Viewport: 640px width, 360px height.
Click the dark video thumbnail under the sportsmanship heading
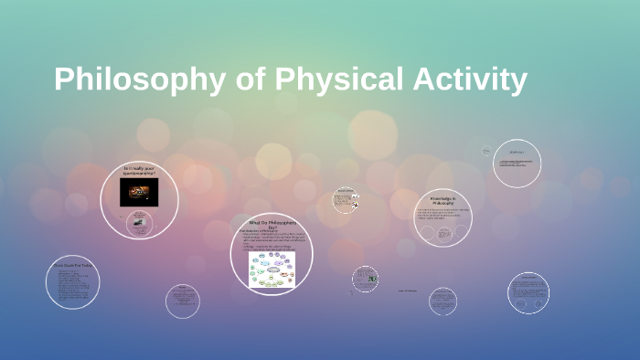139,192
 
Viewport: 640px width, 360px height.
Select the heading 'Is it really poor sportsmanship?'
139,171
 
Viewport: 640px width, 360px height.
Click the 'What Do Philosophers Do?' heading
272,224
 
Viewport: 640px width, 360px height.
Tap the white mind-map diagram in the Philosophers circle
272,269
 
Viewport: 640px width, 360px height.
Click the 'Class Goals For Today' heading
73,266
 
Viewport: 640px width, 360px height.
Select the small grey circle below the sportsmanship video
139,225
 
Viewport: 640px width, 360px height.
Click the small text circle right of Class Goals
183,301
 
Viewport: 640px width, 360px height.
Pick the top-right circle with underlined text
517,164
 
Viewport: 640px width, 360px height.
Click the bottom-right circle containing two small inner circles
528,292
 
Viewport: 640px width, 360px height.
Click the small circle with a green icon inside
366,279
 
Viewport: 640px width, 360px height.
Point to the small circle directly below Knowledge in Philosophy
443,301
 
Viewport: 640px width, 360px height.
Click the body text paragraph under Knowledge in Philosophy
443,215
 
